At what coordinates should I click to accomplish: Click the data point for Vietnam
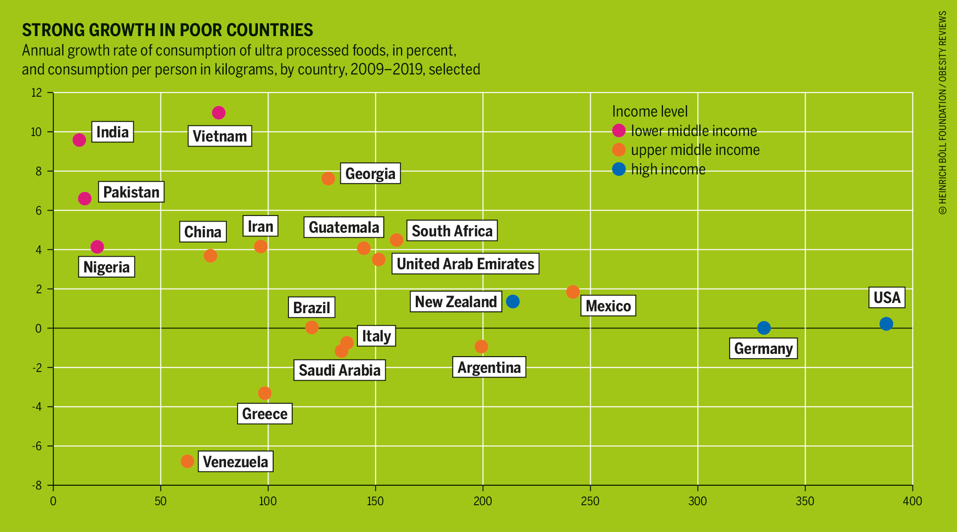coord(219,113)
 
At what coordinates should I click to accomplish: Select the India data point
coord(79,140)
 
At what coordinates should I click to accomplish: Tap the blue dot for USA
coord(886,324)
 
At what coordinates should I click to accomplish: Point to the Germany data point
coord(763,328)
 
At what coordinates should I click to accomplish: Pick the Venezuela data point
coord(187,461)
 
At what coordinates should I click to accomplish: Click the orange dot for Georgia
coord(328,179)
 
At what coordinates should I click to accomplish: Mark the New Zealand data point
coord(513,302)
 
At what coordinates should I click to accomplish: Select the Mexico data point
coord(573,292)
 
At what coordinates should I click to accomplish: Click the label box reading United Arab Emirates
coord(465,264)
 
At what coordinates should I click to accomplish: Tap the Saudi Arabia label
coord(339,370)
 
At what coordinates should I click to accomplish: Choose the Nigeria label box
coord(106,267)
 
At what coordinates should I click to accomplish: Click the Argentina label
coord(489,367)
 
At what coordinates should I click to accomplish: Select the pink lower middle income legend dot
coord(619,131)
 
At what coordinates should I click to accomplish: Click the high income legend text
coord(668,169)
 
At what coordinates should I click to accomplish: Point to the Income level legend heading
coord(650,111)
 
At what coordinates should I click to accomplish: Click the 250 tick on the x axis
coord(590,501)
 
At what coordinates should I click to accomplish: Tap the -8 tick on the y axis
coord(37,485)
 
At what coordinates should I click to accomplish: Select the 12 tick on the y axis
coord(37,93)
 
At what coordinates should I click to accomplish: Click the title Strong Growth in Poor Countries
coord(168,30)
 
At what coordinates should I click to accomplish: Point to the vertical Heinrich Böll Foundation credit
coord(943,113)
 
